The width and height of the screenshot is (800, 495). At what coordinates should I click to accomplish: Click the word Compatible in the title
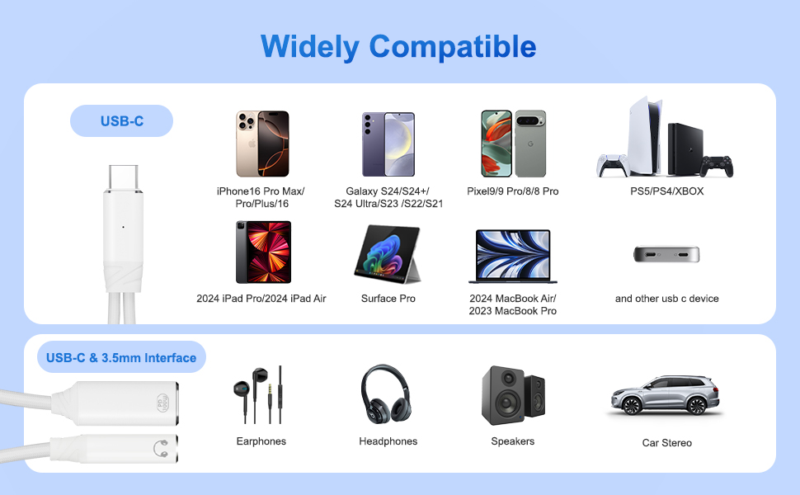tap(452, 47)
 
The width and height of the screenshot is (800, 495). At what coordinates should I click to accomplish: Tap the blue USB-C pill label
tap(121, 121)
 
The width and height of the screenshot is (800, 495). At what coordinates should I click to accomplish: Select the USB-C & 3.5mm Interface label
tap(121, 357)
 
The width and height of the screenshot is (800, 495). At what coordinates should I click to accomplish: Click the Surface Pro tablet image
tap(388, 254)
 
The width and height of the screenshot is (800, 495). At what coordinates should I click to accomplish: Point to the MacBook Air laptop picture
tap(513, 257)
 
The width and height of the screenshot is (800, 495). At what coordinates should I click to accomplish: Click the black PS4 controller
tap(717, 167)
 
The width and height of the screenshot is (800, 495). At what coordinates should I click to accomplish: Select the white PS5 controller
tap(612, 165)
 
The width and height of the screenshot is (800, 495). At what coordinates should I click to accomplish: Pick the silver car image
tap(666, 394)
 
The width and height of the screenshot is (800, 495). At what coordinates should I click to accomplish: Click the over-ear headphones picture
tap(386, 393)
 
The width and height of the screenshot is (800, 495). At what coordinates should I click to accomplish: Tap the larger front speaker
tap(503, 395)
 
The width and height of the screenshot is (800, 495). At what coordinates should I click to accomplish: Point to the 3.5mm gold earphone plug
tap(270, 395)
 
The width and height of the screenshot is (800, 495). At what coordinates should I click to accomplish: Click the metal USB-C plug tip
tap(123, 177)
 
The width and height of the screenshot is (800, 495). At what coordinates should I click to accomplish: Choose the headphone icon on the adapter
tap(161, 449)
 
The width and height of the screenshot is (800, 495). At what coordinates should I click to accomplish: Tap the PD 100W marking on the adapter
tap(162, 403)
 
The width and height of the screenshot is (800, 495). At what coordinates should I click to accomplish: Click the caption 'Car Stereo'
tap(667, 442)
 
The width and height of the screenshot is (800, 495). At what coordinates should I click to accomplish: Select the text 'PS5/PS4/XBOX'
tap(667, 191)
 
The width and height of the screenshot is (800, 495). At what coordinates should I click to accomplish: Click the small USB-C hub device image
tap(666, 253)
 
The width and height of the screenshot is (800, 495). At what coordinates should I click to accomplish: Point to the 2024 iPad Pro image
tap(263, 252)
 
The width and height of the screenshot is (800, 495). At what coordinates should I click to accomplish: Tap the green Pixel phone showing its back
tap(530, 144)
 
